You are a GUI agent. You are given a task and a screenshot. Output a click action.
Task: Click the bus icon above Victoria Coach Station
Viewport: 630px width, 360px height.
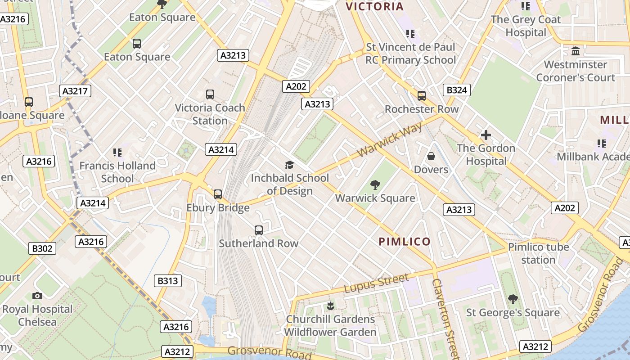[x=210, y=94]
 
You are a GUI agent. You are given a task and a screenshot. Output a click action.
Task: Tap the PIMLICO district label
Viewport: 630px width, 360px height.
[x=405, y=242]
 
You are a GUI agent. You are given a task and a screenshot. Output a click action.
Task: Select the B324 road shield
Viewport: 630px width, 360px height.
[x=456, y=90]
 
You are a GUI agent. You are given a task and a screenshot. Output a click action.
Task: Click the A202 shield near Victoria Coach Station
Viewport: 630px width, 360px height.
[x=296, y=86]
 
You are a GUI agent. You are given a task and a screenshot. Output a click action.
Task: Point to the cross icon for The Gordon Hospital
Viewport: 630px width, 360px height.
[x=486, y=135]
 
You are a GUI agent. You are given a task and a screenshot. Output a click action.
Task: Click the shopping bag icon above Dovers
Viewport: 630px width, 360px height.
[x=431, y=156]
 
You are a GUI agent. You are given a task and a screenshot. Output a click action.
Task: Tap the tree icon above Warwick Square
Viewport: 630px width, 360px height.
[x=375, y=184]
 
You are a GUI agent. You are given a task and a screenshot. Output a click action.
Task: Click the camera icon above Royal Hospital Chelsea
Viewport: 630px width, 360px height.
[x=37, y=296]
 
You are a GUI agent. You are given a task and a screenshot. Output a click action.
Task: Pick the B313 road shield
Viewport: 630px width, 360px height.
[x=168, y=281]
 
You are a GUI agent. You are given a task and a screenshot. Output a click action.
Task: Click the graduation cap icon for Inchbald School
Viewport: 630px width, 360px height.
[x=289, y=165]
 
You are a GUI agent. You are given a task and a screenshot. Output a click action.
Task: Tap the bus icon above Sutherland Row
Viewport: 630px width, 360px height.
[x=259, y=230]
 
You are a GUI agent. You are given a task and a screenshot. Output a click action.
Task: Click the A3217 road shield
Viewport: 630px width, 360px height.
[x=75, y=91]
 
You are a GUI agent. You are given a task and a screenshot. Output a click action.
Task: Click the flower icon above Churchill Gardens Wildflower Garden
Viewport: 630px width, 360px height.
[x=330, y=306]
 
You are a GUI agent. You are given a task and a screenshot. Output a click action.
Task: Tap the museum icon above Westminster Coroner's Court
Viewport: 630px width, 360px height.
[x=575, y=51]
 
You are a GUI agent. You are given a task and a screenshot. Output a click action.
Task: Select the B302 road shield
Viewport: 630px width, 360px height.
[x=43, y=248]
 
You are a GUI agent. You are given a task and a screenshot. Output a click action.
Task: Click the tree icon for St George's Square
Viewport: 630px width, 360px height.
[x=513, y=299]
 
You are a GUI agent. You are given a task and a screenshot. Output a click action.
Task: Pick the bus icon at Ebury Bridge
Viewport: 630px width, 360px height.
[x=218, y=194]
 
